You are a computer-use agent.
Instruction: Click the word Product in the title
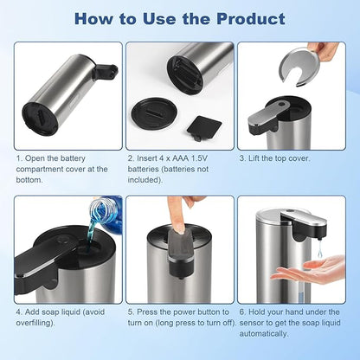pos(251,19)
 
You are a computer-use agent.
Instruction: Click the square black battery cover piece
pos(204,127)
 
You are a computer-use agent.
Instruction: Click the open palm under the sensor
pos(310,269)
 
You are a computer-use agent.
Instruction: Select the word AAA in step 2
pos(182,158)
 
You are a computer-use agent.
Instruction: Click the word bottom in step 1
pos(29,180)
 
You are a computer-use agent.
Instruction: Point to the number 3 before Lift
pos(242,158)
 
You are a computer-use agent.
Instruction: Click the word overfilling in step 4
pos(35,323)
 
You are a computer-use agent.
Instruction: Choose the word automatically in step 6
pos(264,334)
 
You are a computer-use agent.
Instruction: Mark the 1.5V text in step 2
pos(200,158)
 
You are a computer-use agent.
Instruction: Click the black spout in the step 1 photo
pos(106,72)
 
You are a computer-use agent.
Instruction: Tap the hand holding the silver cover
pos(325,51)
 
